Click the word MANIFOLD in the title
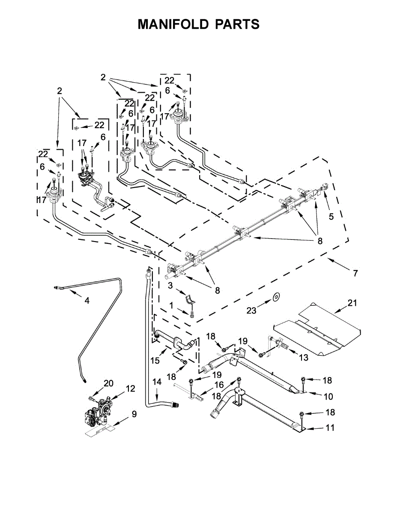pyautogui.click(x=173, y=24)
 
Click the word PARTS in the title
pyautogui.click(x=237, y=24)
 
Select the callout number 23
pyautogui.click(x=251, y=311)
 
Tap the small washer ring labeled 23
pyautogui.click(x=276, y=298)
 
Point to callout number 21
pyautogui.click(x=352, y=303)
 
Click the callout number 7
pyautogui.click(x=355, y=273)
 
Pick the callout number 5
pyautogui.click(x=331, y=216)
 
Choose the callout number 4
pyautogui.click(x=87, y=301)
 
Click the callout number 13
pyautogui.click(x=304, y=358)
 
